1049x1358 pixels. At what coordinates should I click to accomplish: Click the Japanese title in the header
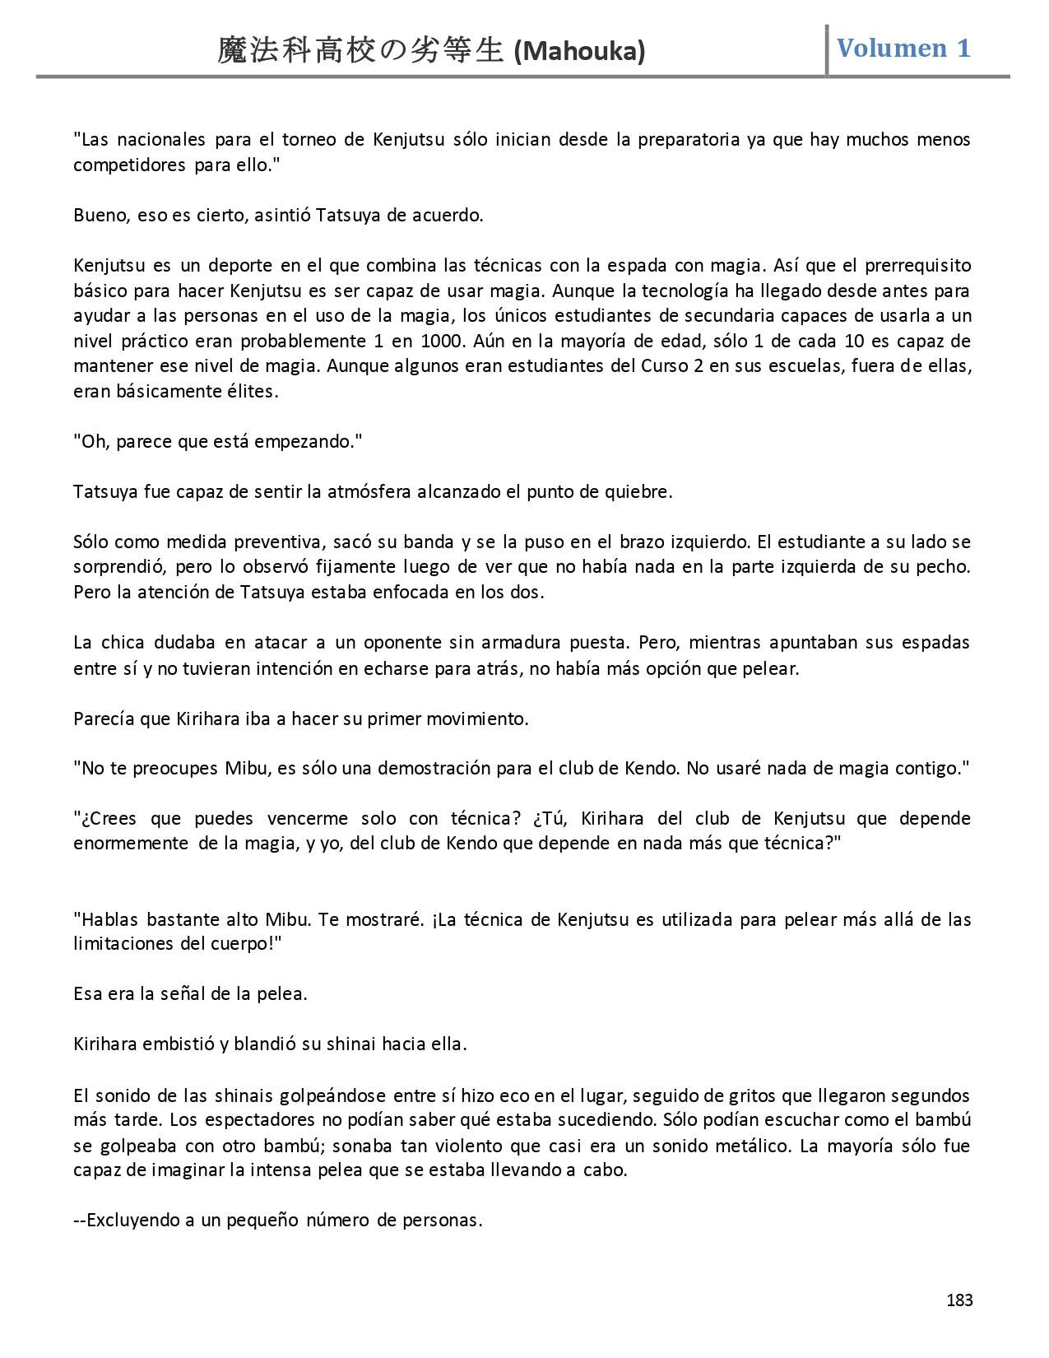[x=360, y=51]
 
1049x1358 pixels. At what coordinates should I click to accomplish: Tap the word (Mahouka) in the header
[x=578, y=52]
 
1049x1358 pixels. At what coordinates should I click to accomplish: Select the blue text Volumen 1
[x=903, y=48]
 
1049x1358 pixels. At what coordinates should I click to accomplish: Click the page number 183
[x=959, y=1300]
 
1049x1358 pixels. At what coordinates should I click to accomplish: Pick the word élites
[x=252, y=391]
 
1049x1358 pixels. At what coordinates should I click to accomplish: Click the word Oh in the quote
[x=93, y=441]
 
